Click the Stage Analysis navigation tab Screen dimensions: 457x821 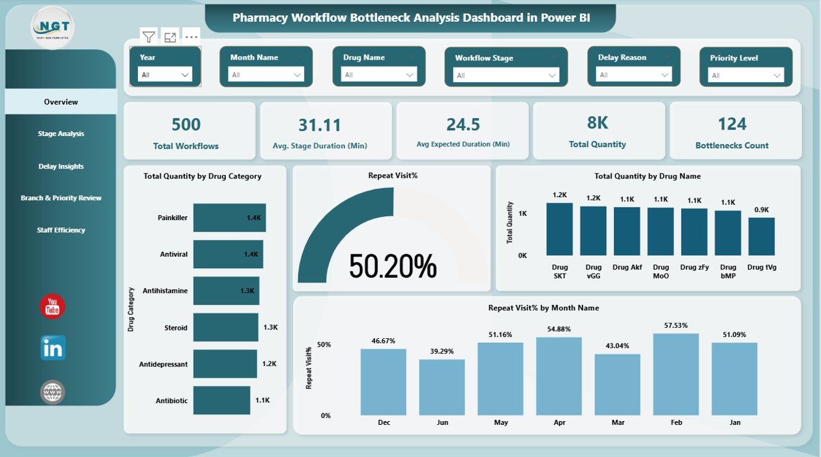pyautogui.click(x=61, y=134)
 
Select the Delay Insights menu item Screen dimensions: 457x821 pyautogui.click(x=61, y=166)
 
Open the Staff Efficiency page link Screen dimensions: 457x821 pyautogui.click(x=61, y=230)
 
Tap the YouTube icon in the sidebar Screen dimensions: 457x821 pyautogui.click(x=53, y=307)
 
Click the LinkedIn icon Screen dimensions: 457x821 pyautogui.click(x=53, y=348)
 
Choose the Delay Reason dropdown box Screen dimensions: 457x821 pyautogui.click(x=633, y=75)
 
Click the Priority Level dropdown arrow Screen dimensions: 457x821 pyautogui.click(x=777, y=76)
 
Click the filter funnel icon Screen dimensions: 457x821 pyautogui.click(x=149, y=37)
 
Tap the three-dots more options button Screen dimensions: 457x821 pyautogui.click(x=191, y=37)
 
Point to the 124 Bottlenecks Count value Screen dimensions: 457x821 pyautogui.click(x=732, y=124)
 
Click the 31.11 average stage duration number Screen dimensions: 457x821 pyautogui.click(x=319, y=125)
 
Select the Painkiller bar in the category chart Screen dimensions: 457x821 pyautogui.click(x=229, y=218)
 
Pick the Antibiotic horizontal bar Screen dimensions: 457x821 pyautogui.click(x=221, y=401)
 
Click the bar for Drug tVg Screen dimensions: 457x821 pyautogui.click(x=761, y=236)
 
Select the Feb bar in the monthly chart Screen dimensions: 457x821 pyautogui.click(x=675, y=374)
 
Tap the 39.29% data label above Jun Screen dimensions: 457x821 pyautogui.click(x=442, y=352)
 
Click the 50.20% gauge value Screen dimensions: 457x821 pyautogui.click(x=393, y=266)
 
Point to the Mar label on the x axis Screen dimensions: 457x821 pyautogui.click(x=617, y=422)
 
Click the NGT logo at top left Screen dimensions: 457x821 pyautogui.click(x=53, y=27)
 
